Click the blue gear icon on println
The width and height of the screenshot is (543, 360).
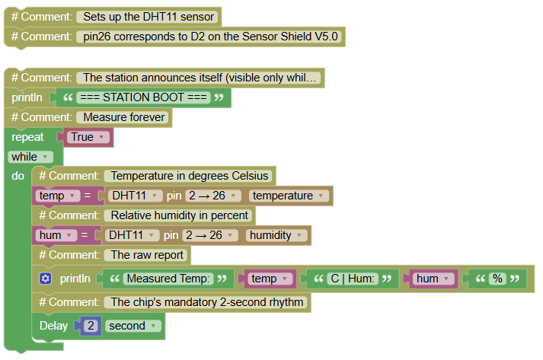[x=46, y=279]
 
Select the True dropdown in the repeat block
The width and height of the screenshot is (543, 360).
[x=88, y=137]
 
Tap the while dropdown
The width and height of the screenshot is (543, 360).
[x=30, y=157]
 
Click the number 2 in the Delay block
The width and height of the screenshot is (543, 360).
[x=91, y=326]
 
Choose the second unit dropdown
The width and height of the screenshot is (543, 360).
[x=133, y=326]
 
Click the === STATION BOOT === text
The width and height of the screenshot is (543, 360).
[x=143, y=97]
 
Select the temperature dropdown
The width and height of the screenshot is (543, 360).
[x=289, y=196]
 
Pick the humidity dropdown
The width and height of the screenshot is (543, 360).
[x=276, y=235]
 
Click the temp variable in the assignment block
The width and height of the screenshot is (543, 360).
[x=57, y=196]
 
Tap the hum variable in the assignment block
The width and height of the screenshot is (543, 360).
[x=56, y=235]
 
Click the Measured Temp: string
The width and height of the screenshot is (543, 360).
[x=168, y=279]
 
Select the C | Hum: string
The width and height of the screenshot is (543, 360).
[x=353, y=279]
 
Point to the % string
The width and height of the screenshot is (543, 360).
[x=497, y=279]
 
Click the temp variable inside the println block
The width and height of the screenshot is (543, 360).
[x=270, y=279]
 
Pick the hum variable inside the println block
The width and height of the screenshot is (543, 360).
[x=433, y=279]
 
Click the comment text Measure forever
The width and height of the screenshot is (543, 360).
[x=124, y=117]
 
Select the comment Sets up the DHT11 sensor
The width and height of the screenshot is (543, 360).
[x=149, y=17]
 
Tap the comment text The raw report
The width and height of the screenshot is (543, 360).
[x=147, y=255]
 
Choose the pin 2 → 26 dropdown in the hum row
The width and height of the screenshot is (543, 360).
[x=210, y=235]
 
